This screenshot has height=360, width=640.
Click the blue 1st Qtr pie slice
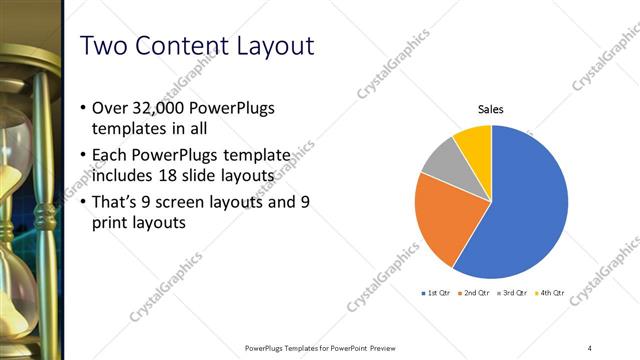coord(525,205)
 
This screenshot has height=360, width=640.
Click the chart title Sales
coord(490,109)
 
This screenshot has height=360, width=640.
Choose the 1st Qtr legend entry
coord(436,295)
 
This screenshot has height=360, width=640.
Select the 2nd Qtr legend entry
coord(473,295)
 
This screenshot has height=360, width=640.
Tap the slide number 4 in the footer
coord(590,347)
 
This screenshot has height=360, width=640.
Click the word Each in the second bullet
coord(110,156)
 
